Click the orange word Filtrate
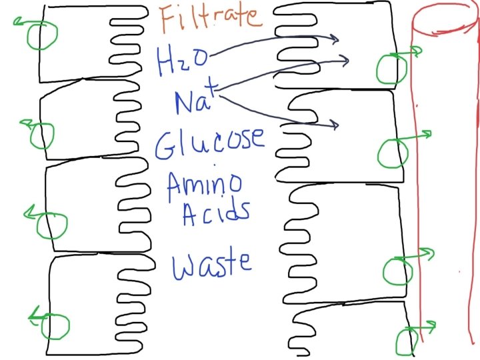click(x=207, y=19)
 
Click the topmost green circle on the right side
click(x=391, y=67)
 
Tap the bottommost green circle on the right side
click(x=405, y=341)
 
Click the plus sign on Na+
click(x=211, y=82)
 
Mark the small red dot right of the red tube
click(x=459, y=272)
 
